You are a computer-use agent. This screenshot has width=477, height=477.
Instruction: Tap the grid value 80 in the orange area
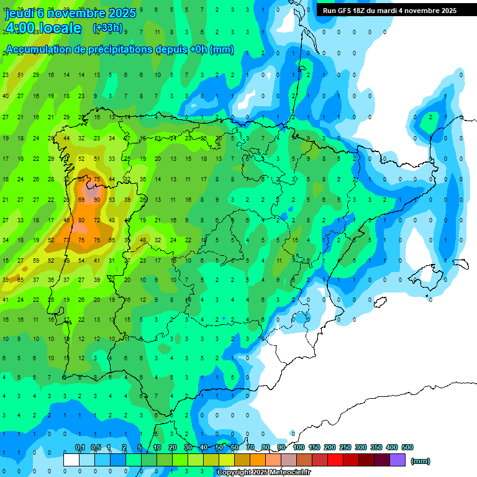[x=81, y=220]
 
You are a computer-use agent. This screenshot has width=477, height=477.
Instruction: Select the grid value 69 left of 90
[x=81, y=199]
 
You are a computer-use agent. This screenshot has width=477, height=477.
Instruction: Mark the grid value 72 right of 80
[x=97, y=220]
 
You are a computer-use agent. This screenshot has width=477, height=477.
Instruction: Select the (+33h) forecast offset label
[x=107, y=28]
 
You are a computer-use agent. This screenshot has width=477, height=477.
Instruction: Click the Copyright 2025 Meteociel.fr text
[x=264, y=473]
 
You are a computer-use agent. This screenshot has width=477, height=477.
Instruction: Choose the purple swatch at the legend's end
[x=397, y=460]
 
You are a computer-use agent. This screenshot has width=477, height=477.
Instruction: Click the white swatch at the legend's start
[x=71, y=460]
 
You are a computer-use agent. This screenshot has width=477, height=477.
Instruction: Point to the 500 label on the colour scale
[x=407, y=447]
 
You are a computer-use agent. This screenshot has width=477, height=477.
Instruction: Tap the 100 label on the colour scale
[x=299, y=447]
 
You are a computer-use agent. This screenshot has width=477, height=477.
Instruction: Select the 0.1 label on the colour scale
[x=80, y=447]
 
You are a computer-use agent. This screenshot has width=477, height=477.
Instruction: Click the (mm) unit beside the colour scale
[x=420, y=461]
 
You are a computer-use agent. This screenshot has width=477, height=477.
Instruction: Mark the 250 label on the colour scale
[x=345, y=447]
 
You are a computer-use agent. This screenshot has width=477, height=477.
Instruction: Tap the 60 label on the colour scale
[x=234, y=447]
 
